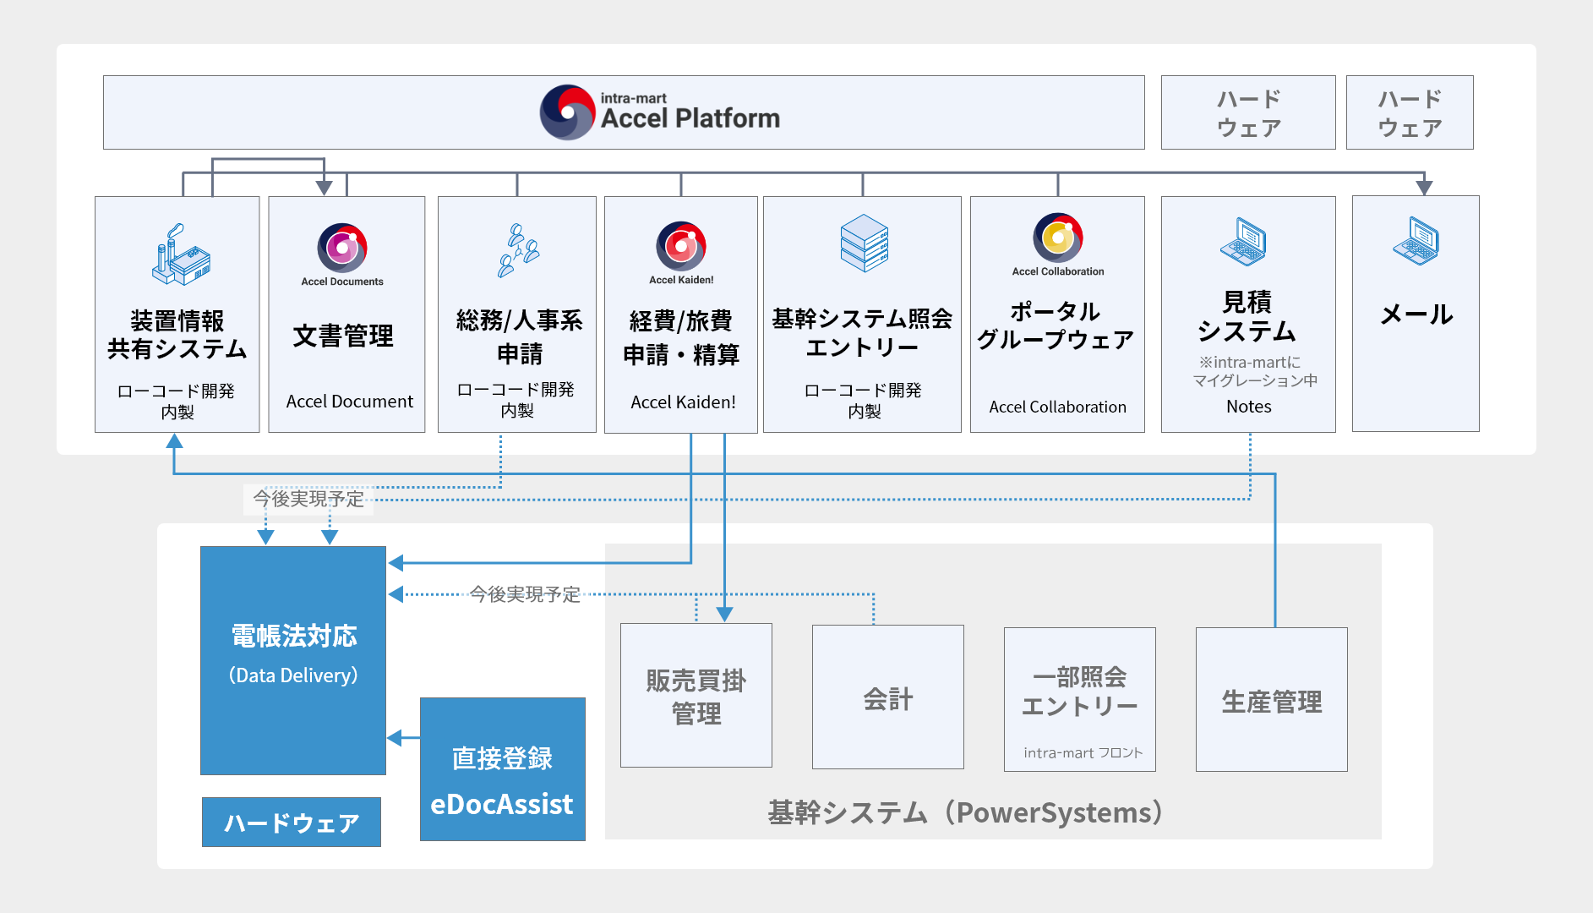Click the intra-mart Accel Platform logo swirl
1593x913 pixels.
pyautogui.click(x=568, y=112)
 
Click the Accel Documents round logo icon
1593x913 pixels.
pyautogui.click(x=342, y=247)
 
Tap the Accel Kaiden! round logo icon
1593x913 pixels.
pyautogui.click(x=681, y=246)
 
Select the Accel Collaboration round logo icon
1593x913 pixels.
pyautogui.click(x=1057, y=238)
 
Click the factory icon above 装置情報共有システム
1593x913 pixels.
pyautogui.click(x=180, y=255)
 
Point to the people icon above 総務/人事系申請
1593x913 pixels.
pyautogui.click(x=517, y=251)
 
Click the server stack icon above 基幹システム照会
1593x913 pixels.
pyautogui.click(x=864, y=243)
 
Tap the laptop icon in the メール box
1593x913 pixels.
pyautogui.click(x=1416, y=241)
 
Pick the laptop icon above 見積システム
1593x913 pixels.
pyautogui.click(x=1243, y=242)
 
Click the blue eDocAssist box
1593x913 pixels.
pyautogui.click(x=502, y=769)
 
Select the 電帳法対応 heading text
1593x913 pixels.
pyautogui.click(x=293, y=636)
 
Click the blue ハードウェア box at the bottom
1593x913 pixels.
pyautogui.click(x=292, y=823)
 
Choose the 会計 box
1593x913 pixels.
pyautogui.click(x=887, y=697)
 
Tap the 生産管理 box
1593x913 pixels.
pyautogui.click(x=1271, y=700)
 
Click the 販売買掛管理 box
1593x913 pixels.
pyautogui.click(x=696, y=696)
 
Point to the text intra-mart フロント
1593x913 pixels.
pyautogui.click(x=1083, y=752)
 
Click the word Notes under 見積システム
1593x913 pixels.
pyautogui.click(x=1248, y=407)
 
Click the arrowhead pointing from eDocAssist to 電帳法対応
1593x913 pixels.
pyautogui.click(x=395, y=738)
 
